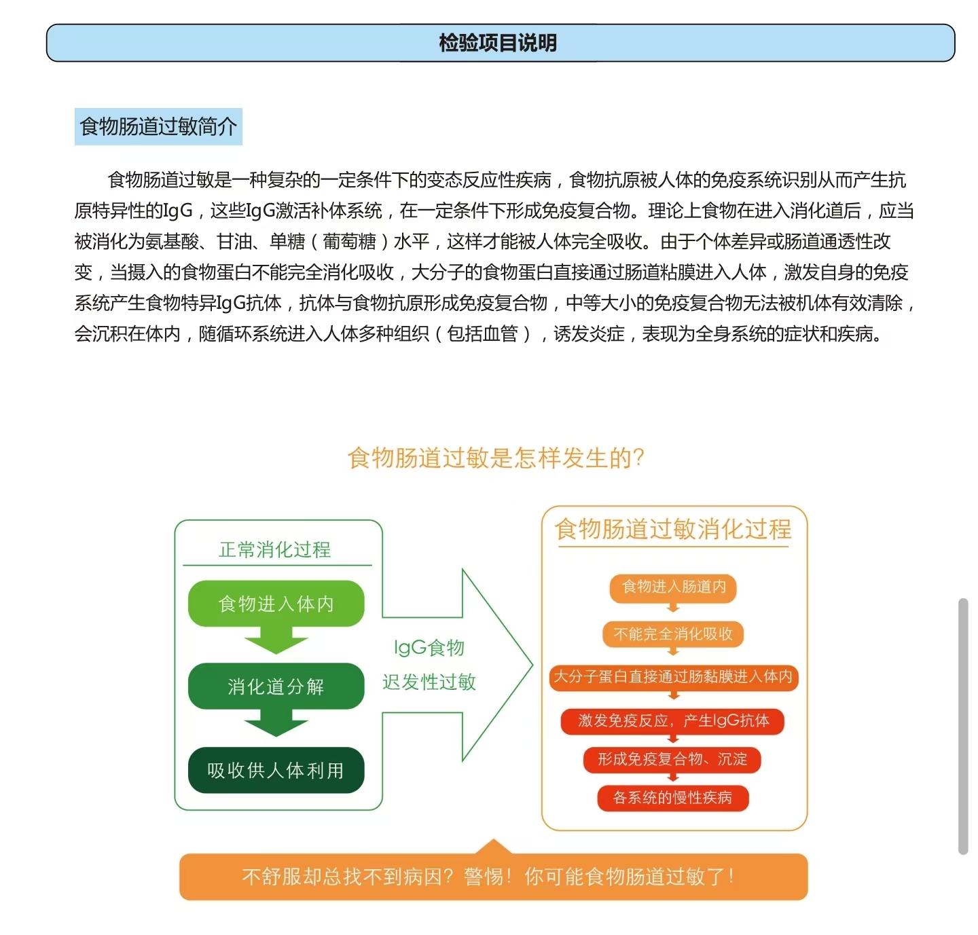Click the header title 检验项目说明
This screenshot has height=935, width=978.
coord(498,43)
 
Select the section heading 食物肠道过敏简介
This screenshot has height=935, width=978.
coord(158,126)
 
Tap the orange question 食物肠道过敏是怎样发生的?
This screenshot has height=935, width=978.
coord(496,458)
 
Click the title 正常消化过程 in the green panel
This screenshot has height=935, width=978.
coord(275,549)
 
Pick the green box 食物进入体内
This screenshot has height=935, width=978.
coord(276,604)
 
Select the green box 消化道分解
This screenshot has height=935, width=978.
coord(276,686)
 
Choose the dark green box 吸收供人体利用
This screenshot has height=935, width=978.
coord(276,770)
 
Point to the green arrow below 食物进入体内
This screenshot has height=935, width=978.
coord(276,640)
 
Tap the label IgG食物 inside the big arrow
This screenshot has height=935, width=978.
coord(429,647)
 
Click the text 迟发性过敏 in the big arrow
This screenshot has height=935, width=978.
coord(429,682)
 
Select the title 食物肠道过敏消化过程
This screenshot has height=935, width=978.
coord(673,529)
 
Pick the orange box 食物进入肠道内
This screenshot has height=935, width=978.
coord(674,587)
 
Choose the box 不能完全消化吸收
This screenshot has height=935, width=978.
coord(673,634)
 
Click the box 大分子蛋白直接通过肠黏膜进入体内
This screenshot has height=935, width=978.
coord(673,677)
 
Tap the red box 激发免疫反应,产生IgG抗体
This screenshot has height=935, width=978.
coord(673,720)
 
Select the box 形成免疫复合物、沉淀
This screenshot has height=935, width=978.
coord(672,759)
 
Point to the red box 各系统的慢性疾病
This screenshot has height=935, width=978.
coord(672,798)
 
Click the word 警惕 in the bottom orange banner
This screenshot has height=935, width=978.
coord(484,877)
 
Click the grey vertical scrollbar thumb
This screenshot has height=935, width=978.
coord(962,726)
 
